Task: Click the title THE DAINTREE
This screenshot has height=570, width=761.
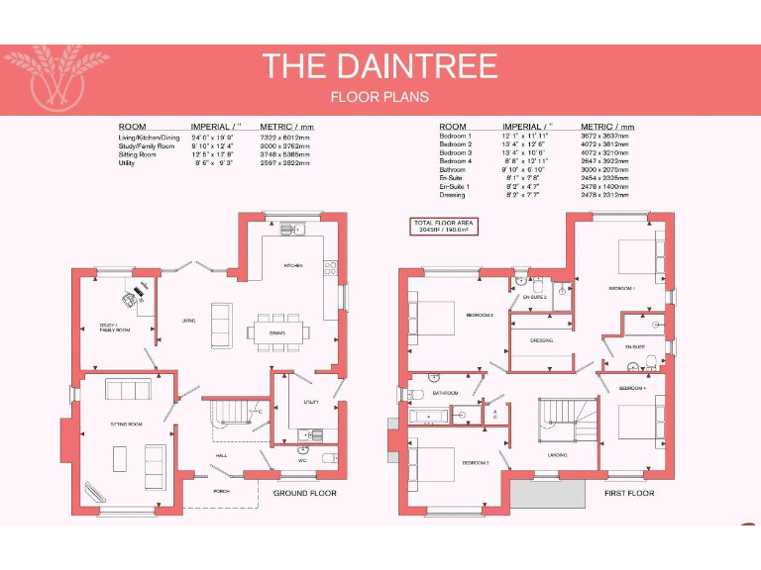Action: (380, 65)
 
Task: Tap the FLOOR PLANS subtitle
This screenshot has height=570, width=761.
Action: (380, 97)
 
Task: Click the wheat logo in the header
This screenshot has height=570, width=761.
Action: (57, 77)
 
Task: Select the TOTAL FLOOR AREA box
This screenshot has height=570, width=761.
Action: (444, 226)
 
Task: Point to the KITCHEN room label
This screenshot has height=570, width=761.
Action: (293, 265)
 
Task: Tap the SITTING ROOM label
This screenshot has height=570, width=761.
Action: (126, 424)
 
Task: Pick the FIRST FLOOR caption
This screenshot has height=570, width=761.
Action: (629, 493)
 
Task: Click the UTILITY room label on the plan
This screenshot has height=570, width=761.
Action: (310, 403)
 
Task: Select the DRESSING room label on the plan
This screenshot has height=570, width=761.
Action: (541, 340)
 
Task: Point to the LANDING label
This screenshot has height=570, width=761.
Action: (556, 454)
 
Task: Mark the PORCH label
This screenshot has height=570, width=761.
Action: (222, 491)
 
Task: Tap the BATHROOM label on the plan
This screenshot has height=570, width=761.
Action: (445, 393)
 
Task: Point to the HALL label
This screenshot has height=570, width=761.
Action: (222, 455)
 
